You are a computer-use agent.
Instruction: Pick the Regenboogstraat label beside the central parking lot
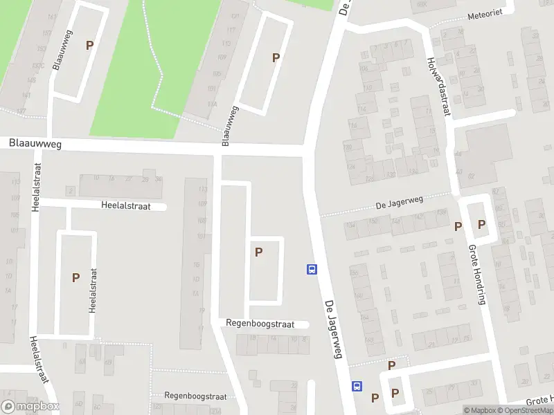(x=260, y=324)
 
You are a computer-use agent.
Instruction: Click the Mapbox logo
(x=30, y=407)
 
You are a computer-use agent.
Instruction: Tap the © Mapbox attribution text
(x=481, y=410)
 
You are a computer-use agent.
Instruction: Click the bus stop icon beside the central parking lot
(x=312, y=270)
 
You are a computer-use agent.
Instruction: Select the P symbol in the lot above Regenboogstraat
(x=258, y=252)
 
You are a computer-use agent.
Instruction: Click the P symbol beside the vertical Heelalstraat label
(x=75, y=278)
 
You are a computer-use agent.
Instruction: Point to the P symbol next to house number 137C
(x=89, y=45)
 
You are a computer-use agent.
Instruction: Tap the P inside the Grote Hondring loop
(x=481, y=225)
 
